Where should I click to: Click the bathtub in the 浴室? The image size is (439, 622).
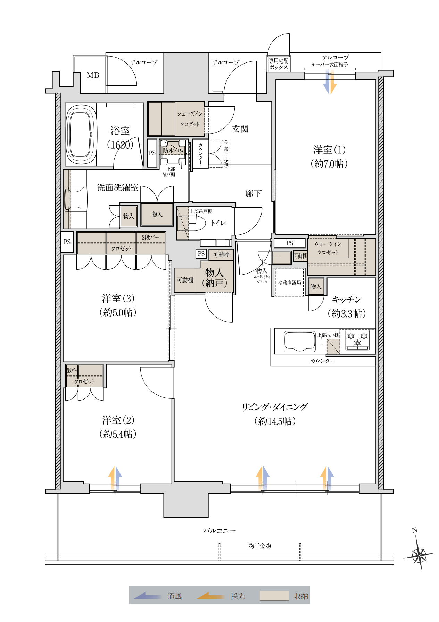pos(81,135)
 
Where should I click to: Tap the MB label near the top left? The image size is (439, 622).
pos(93,75)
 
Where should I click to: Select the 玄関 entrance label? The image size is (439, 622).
pos(240,129)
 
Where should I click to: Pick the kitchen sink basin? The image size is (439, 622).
pos(300,341)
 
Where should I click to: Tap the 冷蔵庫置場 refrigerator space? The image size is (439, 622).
pos(289,283)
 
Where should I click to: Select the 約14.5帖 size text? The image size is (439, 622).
pos(275,421)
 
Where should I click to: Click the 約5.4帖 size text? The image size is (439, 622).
pos(118,434)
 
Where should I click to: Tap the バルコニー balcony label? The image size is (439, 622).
pos(219,530)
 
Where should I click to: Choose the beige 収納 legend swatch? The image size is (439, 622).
pos(274,596)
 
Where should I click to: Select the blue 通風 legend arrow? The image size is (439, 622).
pos(147,596)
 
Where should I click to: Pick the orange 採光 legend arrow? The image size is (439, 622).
pos(211,596)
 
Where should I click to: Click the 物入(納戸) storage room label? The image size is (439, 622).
pos(215,278)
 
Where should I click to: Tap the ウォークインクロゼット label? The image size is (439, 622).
pos(328,248)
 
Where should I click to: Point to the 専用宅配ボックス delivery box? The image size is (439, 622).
pos(279,64)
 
